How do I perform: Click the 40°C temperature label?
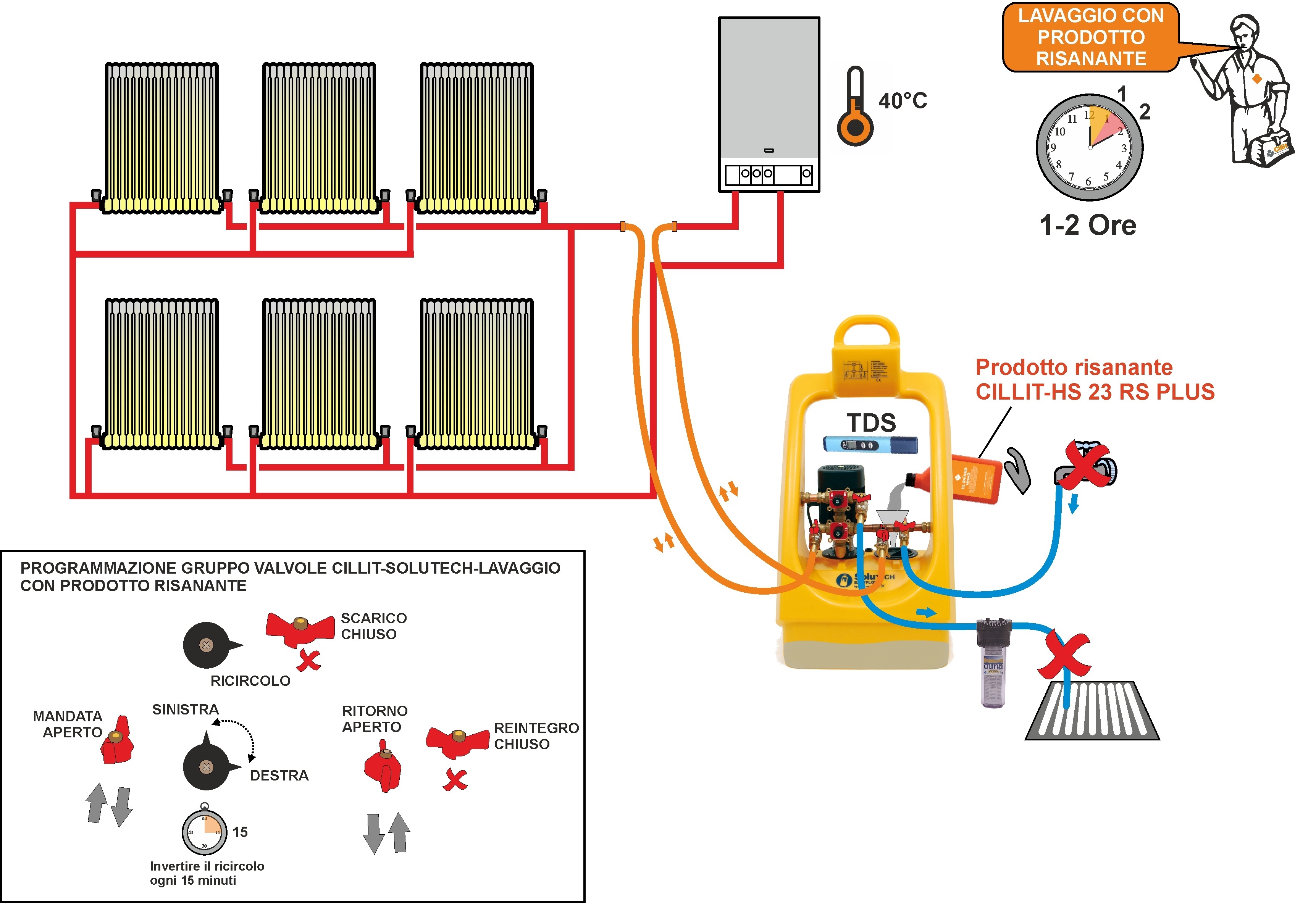pyautogui.click(x=903, y=101)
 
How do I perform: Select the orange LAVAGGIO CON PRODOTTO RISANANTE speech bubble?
pyautogui.click(x=1090, y=37)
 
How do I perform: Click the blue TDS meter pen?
pyautogui.click(x=870, y=445)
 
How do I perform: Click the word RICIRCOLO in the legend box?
pyautogui.click(x=250, y=681)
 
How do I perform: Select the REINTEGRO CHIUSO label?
pyautogui.click(x=536, y=736)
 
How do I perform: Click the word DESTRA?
pyautogui.click(x=279, y=776)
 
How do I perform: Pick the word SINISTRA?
pyautogui.click(x=185, y=709)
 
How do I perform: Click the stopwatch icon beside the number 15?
pyautogui.click(x=204, y=830)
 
